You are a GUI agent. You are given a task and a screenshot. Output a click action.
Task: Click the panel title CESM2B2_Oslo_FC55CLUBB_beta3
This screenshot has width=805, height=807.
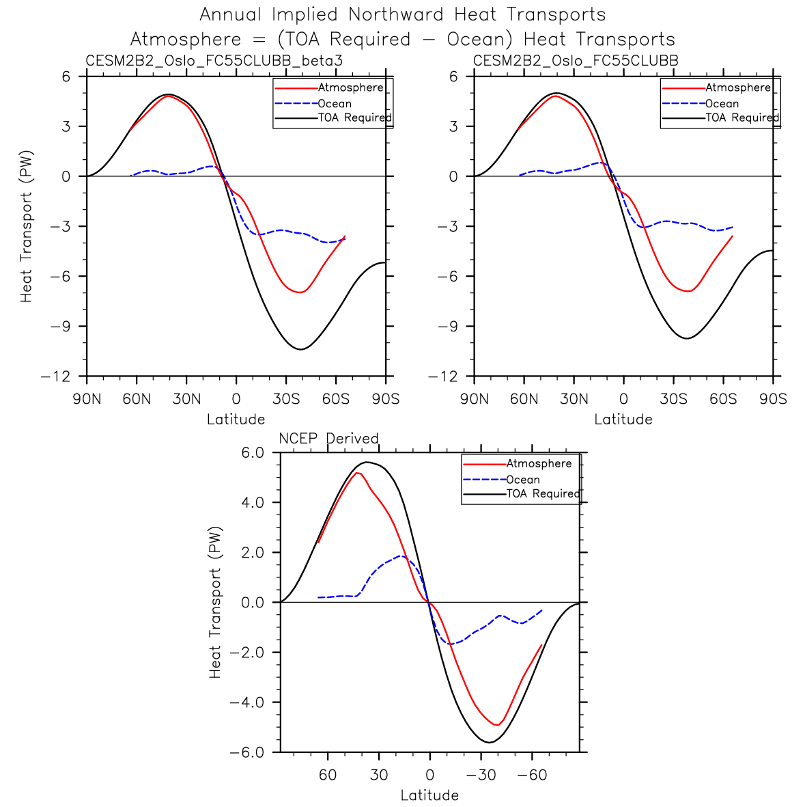[214, 61]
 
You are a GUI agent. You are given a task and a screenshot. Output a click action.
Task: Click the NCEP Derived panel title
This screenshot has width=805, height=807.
[328, 438]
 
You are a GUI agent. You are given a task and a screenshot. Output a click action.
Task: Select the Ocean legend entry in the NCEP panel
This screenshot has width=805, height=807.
[523, 480]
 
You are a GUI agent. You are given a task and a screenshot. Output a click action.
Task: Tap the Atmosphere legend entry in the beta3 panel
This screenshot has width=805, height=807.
[350, 87]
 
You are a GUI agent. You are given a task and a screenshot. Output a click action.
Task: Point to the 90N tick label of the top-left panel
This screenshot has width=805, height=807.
[87, 399]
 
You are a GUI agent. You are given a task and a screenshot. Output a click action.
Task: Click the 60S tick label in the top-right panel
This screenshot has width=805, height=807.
[723, 399]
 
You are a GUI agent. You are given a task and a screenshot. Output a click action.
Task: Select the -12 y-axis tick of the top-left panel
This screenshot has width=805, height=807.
[56, 377]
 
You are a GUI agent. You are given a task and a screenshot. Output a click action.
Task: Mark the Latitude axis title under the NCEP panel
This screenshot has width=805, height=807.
[429, 795]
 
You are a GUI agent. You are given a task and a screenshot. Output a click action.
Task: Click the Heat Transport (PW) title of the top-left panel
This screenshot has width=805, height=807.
[27, 226]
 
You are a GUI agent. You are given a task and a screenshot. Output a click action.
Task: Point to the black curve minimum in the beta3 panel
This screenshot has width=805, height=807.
[300, 349]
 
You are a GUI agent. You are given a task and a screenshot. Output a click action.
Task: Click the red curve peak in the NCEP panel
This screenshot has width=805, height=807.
[357, 473]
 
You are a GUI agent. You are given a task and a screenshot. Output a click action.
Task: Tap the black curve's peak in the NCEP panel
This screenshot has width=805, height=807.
[367, 462]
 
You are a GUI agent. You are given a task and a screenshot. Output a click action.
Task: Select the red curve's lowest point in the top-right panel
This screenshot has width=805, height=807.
[688, 291]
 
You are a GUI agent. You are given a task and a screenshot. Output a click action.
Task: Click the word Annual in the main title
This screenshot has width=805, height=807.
[231, 14]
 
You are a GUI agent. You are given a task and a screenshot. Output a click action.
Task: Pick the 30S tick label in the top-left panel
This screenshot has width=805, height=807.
[286, 399]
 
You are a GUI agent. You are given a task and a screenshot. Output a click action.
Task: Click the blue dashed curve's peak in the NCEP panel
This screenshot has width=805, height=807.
[401, 556]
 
